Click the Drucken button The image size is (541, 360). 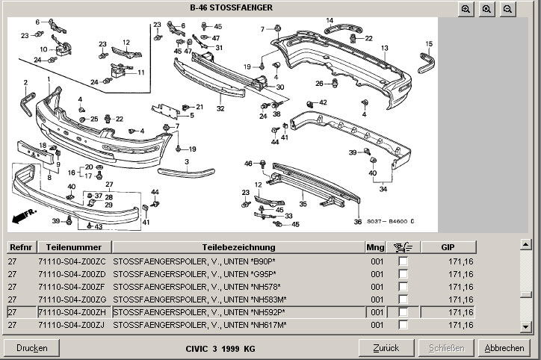(31, 348)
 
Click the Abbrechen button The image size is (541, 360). (504, 348)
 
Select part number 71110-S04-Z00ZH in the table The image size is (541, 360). (72, 312)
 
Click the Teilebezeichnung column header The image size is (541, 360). (238, 247)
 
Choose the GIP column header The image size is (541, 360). (448, 247)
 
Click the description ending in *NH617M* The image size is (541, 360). (200, 325)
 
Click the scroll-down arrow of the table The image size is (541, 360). (525, 326)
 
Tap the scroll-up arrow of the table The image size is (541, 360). (525, 244)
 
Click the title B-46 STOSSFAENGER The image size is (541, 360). (231, 8)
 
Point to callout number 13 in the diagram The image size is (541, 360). (384, 48)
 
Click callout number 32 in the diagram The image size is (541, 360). (220, 108)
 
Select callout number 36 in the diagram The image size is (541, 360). (357, 222)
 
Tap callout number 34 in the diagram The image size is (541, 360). (383, 190)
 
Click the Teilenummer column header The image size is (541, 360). (72, 247)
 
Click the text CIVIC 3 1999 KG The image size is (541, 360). (220, 349)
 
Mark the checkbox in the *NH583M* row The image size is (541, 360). (404, 300)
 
